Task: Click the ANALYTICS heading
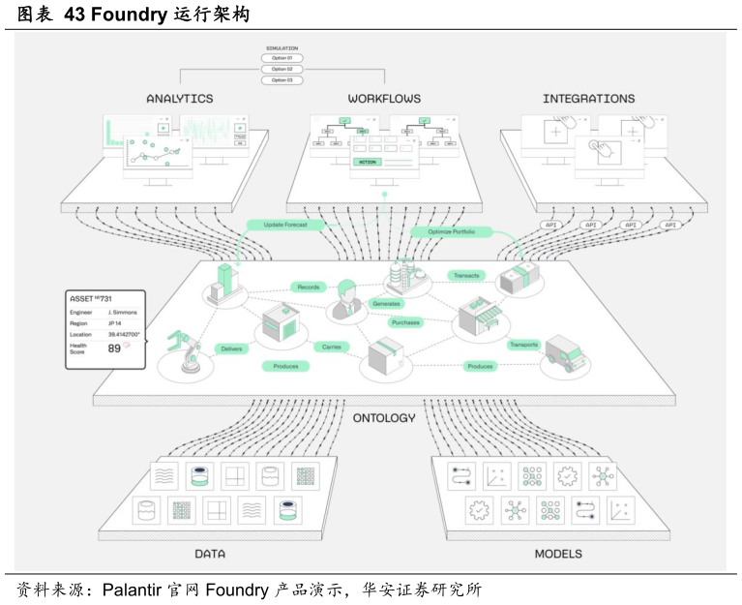point(180,99)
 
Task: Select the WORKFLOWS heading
point(385,99)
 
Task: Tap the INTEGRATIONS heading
point(588,99)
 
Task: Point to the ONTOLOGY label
point(384,418)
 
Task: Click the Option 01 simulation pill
point(282,58)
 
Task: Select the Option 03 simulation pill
point(282,79)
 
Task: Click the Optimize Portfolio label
point(451,232)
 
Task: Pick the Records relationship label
point(309,287)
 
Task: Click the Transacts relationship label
point(466,276)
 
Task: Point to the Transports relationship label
point(523,344)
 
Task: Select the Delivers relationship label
point(232,348)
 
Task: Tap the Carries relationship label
point(331,347)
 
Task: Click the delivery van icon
point(568,354)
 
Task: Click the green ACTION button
point(368,162)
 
